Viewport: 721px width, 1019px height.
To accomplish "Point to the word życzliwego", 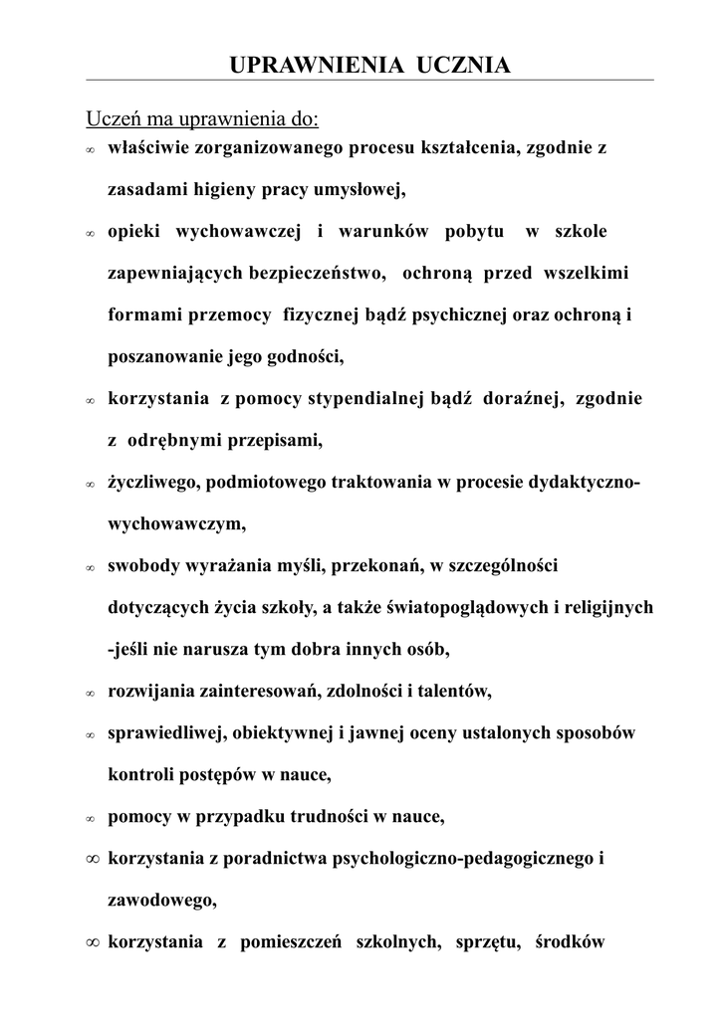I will click(x=149, y=483).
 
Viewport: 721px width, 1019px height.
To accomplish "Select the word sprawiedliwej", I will click(x=167, y=732).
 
